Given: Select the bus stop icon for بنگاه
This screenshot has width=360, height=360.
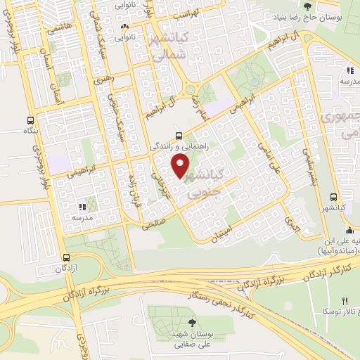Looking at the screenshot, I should [x=30, y=120].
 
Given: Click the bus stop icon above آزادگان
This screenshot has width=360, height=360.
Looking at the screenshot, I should [x=66, y=257].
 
